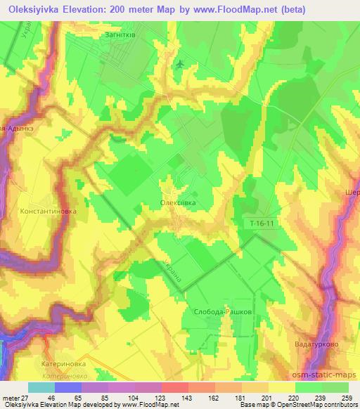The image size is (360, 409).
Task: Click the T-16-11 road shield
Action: pyautogui.click(x=262, y=223)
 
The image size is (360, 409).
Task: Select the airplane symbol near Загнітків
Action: pyautogui.click(x=181, y=64)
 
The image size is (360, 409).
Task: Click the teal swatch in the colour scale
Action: pyautogui.click(x=41, y=388)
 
